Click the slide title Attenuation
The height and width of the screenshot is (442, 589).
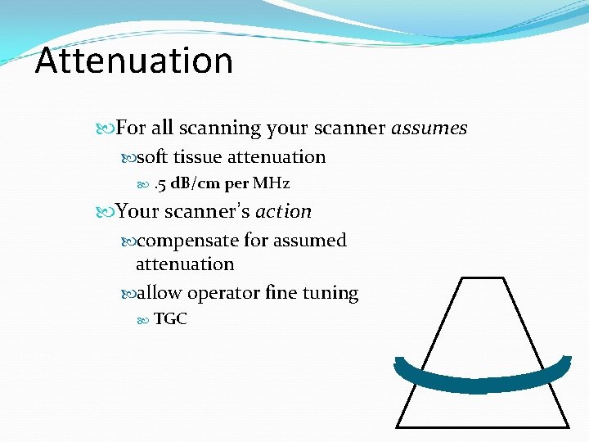tap(134, 61)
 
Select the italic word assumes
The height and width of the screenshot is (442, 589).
tap(429, 129)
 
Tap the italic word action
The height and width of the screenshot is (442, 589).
tap(283, 211)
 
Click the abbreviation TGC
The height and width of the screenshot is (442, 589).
tap(170, 319)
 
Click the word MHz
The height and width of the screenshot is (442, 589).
tap(271, 183)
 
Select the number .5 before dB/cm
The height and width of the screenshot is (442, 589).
tap(160, 183)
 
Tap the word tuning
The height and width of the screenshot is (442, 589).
tap(331, 293)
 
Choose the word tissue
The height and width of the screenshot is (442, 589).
tap(198, 157)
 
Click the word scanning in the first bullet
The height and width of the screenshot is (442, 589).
tap(218, 129)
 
